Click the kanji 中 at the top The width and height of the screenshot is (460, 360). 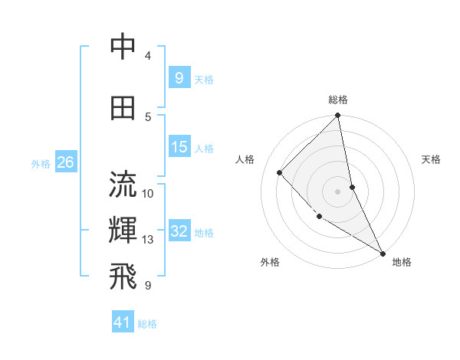tap(123, 47)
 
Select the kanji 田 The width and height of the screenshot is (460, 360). tap(123, 107)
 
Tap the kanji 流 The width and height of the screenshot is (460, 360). tap(123, 185)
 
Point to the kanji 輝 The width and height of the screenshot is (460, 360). tap(123, 231)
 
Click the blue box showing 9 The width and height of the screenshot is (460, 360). tap(179, 77)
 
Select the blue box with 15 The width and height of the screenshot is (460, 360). tap(179, 146)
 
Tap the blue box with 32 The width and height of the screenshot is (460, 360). tap(179, 231)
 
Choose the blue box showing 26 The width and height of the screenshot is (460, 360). tap(65, 162)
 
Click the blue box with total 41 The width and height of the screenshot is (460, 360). tap(123, 322)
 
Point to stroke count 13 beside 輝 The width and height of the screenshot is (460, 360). tap(148, 240)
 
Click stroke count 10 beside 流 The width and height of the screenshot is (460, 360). tap(148, 193)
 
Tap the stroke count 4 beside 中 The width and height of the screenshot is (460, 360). tap(148, 56)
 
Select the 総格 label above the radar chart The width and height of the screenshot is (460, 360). tap(338, 100)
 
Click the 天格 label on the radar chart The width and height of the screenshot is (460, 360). tap(431, 159)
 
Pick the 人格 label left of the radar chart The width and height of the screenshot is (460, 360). tap(245, 159)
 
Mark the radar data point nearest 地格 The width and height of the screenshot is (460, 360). tap(383, 254)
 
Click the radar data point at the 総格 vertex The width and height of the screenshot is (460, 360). tap(338, 116)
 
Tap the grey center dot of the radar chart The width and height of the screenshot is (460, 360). tap(338, 191)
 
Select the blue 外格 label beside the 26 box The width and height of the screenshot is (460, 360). tap(41, 163)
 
